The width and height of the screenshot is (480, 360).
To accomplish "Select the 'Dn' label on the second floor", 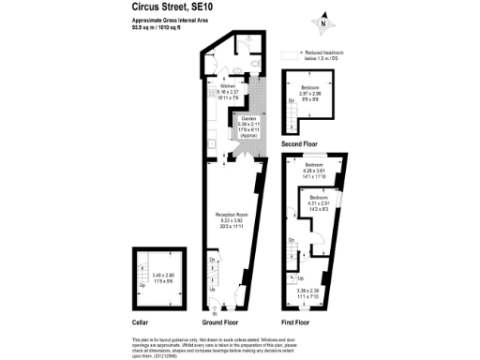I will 291,126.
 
